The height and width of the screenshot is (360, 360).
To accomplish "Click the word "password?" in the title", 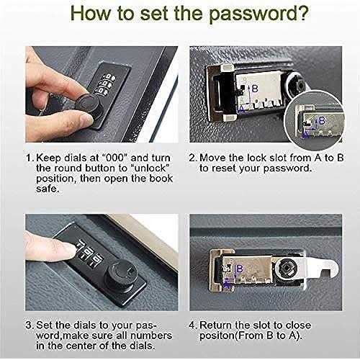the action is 258,14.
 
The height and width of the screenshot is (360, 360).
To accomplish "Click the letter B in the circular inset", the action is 322,120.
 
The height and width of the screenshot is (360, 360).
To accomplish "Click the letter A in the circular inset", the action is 305,135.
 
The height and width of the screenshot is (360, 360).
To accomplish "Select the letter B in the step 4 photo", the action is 240,269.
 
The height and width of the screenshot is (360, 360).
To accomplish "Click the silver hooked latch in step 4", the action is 322,266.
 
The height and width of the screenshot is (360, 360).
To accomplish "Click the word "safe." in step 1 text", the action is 48,189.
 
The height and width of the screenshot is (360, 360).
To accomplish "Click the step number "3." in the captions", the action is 30,325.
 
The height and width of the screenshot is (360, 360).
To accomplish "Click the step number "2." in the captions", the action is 194,158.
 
